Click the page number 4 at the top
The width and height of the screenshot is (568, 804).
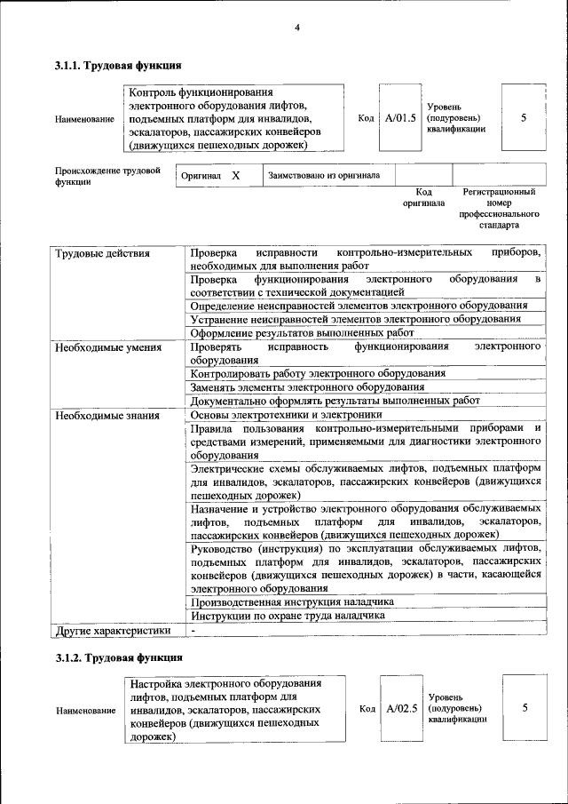point(297,28)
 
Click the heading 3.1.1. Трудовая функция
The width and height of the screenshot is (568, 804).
point(118,66)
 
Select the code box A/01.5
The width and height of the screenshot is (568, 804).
point(399,117)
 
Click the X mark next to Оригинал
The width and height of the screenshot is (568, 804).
point(236,176)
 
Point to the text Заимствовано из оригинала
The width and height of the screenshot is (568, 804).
point(324,176)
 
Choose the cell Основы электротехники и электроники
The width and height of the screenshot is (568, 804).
point(287,414)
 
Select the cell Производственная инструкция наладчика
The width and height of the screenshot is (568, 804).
point(292,601)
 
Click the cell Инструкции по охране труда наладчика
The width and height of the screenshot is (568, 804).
point(288,615)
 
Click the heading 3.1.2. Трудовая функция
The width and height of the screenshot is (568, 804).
point(118,658)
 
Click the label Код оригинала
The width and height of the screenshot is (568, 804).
point(423,197)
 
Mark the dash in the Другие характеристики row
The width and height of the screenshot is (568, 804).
point(193,630)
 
